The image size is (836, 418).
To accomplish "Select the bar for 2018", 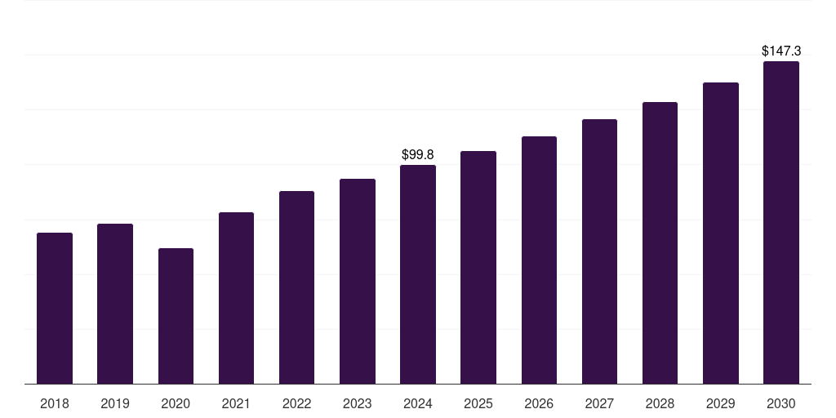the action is [x=55, y=308].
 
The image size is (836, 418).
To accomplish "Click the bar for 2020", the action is [x=176, y=316].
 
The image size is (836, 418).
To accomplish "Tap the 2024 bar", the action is [x=418, y=274].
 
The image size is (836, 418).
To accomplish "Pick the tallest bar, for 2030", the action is [x=781, y=222].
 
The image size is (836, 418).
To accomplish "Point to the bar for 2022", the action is [x=296, y=287].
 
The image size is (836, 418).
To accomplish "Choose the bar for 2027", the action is [x=599, y=251].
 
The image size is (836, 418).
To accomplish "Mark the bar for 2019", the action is [x=115, y=304].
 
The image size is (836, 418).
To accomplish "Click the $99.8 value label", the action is [x=418, y=154].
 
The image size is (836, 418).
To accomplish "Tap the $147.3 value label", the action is [x=781, y=51].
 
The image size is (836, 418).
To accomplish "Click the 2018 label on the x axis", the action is [x=55, y=403].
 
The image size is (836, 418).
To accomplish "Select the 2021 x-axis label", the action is [x=236, y=403].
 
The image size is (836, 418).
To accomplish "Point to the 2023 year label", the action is [x=358, y=403].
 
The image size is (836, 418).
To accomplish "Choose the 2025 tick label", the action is [x=478, y=403].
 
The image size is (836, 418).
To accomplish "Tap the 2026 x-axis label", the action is [x=539, y=403].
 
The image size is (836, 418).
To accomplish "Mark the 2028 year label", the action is [x=660, y=403].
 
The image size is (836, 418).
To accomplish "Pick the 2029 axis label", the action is [x=720, y=403].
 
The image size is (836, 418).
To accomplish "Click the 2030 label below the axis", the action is [x=781, y=403].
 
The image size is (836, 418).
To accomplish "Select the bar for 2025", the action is [x=478, y=268].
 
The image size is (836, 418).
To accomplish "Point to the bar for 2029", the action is [x=720, y=233].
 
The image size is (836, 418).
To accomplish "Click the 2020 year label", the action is [x=176, y=403].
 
